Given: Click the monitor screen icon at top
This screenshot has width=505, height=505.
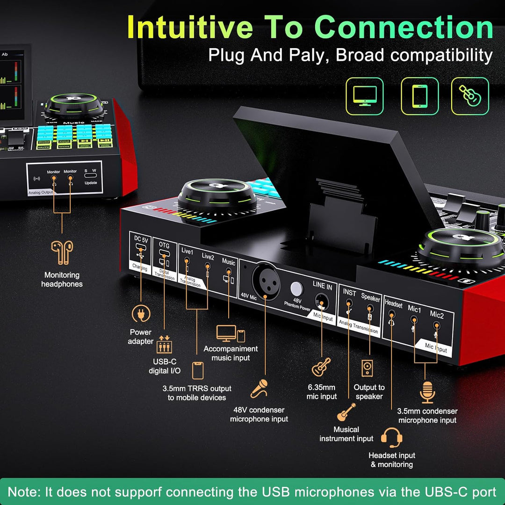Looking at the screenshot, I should pos(364,96).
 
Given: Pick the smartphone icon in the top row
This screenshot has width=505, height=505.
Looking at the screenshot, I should pos(419,96).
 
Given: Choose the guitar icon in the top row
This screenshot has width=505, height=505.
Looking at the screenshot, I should pos(469,96).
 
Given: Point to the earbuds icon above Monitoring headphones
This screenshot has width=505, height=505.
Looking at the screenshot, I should pos(62,252).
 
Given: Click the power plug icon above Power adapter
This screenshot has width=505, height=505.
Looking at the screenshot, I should pos(141,314).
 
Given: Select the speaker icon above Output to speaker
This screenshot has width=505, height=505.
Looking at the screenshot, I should pos(367,368).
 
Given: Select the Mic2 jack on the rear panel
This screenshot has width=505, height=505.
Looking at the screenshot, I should pos(436,325).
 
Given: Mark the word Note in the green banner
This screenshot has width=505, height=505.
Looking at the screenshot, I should pos(25,491).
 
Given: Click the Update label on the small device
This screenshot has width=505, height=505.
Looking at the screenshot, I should pos(91,182).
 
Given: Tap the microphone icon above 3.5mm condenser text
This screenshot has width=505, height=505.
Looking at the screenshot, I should pos(427,392).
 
